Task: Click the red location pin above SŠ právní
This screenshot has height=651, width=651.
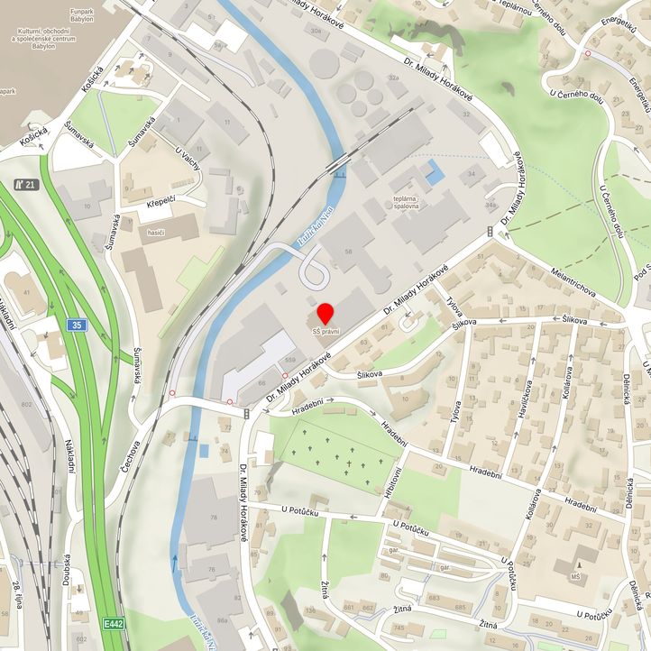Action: click(325, 313)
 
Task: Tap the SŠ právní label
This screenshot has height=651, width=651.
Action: click(325, 333)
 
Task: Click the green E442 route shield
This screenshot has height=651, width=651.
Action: click(113, 623)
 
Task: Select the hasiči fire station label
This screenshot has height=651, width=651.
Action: click(156, 232)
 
